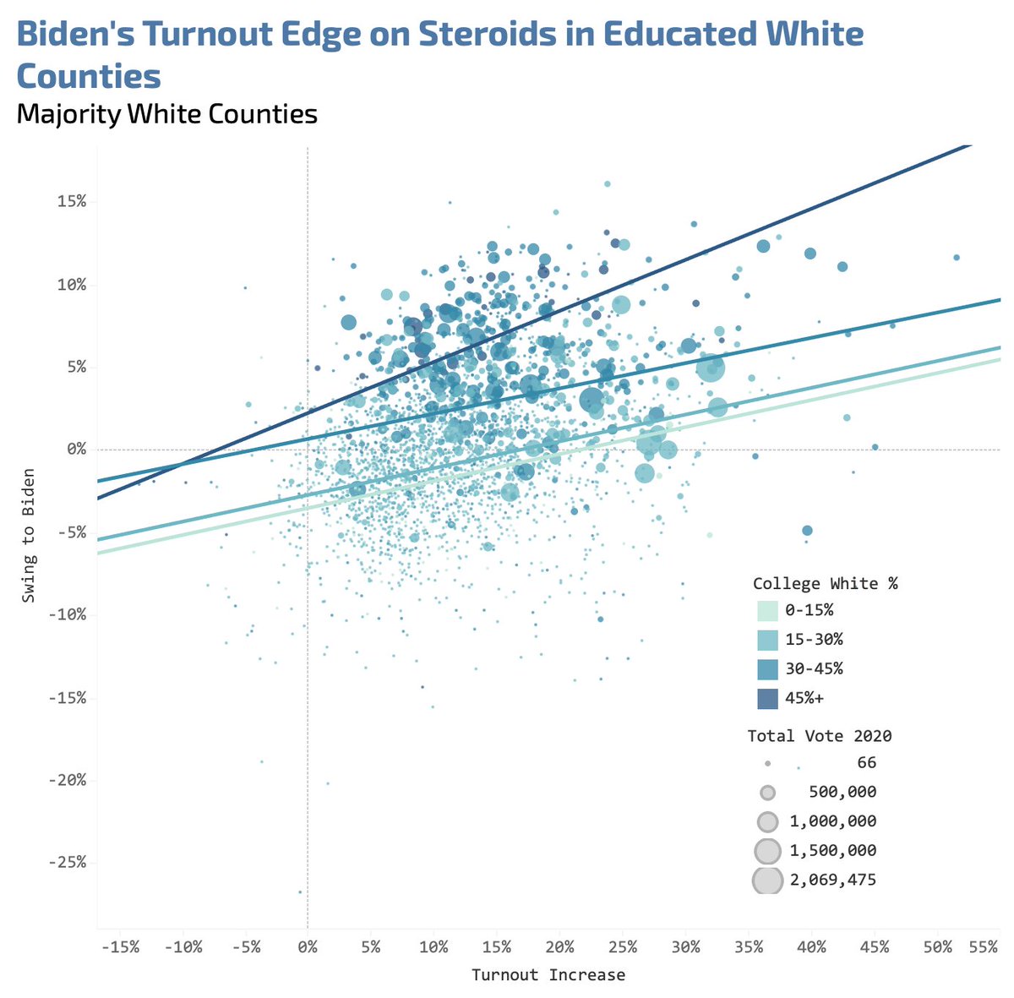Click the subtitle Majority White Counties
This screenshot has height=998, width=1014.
(x=166, y=114)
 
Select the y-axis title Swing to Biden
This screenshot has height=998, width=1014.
(x=30, y=535)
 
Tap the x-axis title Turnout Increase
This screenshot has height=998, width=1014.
(x=548, y=975)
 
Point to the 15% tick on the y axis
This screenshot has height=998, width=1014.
(x=72, y=201)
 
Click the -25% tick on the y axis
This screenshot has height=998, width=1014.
(x=68, y=862)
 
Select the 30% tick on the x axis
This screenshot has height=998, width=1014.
(x=686, y=947)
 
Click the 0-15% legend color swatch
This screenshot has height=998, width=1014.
(x=768, y=610)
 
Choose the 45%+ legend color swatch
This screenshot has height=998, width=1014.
(x=768, y=698)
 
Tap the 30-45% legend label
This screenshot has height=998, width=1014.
(x=814, y=668)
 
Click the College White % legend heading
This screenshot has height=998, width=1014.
(x=813, y=583)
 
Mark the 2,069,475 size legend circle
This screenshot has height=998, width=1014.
(x=767, y=881)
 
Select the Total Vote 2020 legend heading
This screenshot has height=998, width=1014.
(x=820, y=736)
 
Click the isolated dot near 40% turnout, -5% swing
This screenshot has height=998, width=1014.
(x=807, y=531)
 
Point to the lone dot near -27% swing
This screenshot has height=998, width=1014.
(x=299, y=892)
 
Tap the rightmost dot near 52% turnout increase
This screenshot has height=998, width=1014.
(x=957, y=257)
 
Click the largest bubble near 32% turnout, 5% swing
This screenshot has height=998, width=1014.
(x=711, y=368)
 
